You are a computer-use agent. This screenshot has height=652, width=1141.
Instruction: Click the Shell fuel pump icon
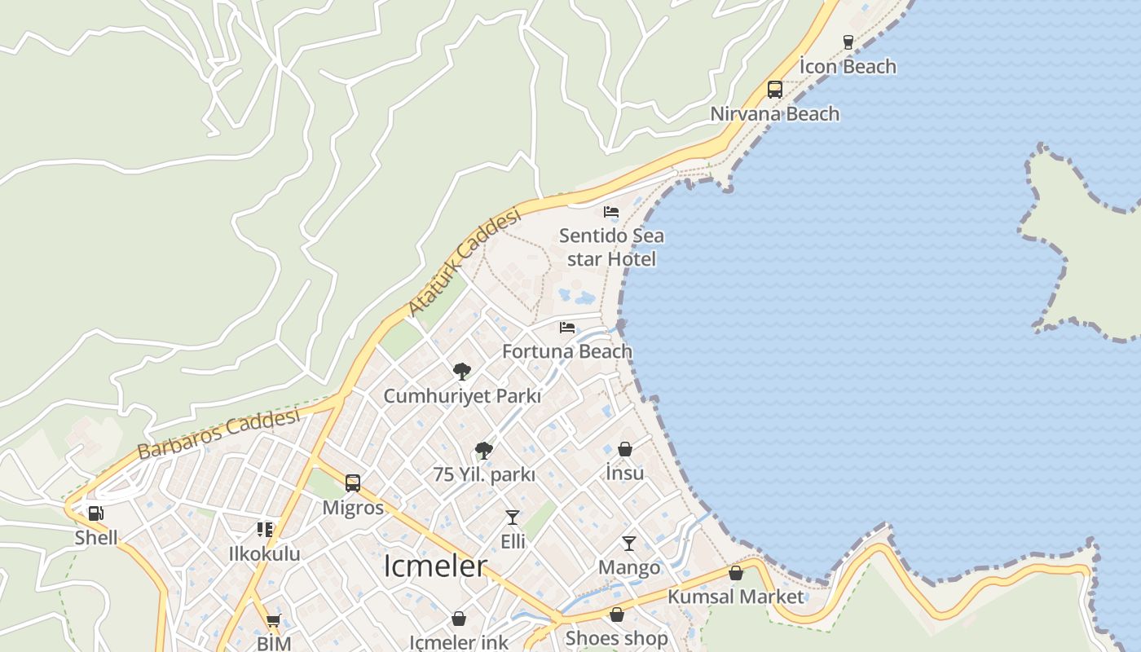point(96,513)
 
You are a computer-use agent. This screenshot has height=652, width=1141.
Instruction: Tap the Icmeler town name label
point(435,566)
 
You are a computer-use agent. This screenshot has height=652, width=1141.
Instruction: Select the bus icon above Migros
point(353,483)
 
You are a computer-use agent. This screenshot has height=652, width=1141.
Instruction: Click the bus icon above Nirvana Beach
point(775,90)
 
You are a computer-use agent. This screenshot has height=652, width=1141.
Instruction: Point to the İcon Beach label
point(848,67)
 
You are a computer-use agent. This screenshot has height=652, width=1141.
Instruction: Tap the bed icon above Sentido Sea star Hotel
point(611,212)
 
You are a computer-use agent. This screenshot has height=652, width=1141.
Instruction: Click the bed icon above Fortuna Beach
point(567,328)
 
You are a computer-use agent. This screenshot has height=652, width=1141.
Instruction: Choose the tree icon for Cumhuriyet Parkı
point(462,372)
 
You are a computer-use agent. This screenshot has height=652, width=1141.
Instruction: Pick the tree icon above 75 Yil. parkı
point(484,450)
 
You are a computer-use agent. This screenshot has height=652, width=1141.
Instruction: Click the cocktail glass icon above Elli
point(513,517)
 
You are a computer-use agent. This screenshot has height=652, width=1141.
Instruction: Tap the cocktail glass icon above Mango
point(629,543)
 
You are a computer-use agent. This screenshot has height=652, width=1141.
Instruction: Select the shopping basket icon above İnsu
point(625,448)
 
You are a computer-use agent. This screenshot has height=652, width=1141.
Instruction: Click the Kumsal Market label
point(735,597)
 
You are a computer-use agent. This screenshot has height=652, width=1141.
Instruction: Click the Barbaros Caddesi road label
point(218,434)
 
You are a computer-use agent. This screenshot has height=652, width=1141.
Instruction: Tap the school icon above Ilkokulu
point(265,530)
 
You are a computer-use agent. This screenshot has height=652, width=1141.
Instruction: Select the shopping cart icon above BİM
point(274,620)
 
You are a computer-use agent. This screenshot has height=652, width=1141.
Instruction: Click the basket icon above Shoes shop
point(617,615)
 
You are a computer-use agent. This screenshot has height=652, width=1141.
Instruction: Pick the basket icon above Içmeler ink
point(459,619)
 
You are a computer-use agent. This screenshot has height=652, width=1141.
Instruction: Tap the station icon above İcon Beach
point(848,42)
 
